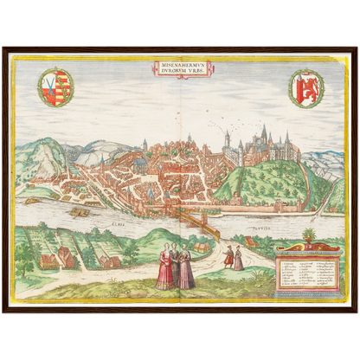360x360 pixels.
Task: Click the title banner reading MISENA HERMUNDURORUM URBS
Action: coord(179,67)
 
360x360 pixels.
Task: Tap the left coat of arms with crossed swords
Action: coord(56,87)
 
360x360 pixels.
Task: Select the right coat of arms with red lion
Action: coord(305,87)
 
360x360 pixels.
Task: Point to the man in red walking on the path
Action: coord(229,257)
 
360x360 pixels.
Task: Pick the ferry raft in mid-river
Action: coord(80,211)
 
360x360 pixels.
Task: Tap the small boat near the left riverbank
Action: coord(32,201)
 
